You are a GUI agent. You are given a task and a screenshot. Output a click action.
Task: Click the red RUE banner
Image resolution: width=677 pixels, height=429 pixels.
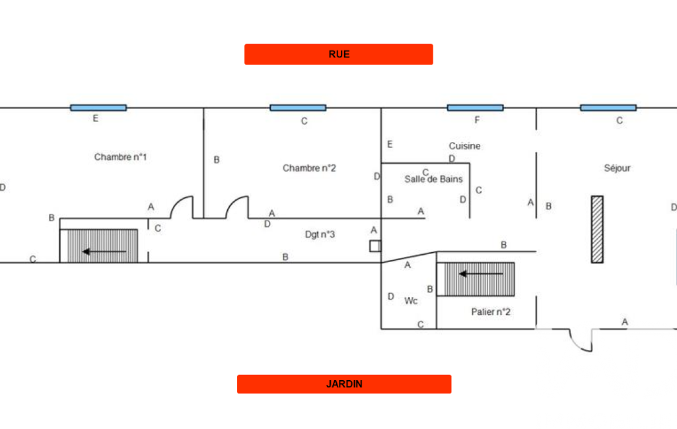click(x=338, y=54)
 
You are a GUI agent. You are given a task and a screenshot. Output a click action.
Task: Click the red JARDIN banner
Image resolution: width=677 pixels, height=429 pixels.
click(x=343, y=384)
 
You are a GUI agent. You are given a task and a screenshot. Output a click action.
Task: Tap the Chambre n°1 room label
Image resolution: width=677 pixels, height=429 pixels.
click(x=120, y=157)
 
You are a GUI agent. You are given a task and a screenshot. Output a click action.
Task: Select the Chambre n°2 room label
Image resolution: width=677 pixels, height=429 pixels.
click(x=309, y=168)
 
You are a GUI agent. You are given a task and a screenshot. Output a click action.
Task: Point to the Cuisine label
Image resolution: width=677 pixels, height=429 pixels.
click(x=464, y=146)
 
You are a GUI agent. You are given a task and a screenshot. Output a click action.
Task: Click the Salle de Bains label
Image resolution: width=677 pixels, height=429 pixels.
click(x=433, y=179)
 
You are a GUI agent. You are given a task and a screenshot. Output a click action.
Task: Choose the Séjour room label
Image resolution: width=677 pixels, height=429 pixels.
click(x=617, y=168)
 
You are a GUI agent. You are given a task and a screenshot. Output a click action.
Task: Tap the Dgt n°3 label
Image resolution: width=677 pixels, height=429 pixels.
click(x=320, y=234)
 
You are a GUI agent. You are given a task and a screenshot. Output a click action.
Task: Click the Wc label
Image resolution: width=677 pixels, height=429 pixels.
click(x=411, y=301)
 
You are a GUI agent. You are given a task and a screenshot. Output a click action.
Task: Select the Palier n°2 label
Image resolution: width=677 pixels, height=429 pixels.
click(x=491, y=312)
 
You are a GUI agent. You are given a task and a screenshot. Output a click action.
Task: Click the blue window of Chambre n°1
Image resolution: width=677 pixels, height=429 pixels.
click(x=98, y=108)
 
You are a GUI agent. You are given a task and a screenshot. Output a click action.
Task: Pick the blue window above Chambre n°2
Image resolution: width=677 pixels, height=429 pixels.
click(x=298, y=108)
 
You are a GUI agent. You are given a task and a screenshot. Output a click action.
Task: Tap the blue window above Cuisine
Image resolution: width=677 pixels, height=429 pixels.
click(x=475, y=108)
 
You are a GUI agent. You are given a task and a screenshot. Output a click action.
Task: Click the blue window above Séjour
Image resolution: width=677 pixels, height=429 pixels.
click(x=608, y=108)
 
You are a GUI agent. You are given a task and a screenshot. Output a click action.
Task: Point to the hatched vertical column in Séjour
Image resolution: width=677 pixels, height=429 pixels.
click(x=597, y=229)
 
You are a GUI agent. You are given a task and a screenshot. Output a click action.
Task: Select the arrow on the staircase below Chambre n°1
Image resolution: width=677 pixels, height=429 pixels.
click(x=104, y=251)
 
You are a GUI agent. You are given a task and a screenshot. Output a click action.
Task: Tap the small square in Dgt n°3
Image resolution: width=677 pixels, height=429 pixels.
click(x=375, y=246)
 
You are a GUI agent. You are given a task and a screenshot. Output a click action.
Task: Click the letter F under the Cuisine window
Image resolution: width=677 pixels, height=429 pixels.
click(x=477, y=120)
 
